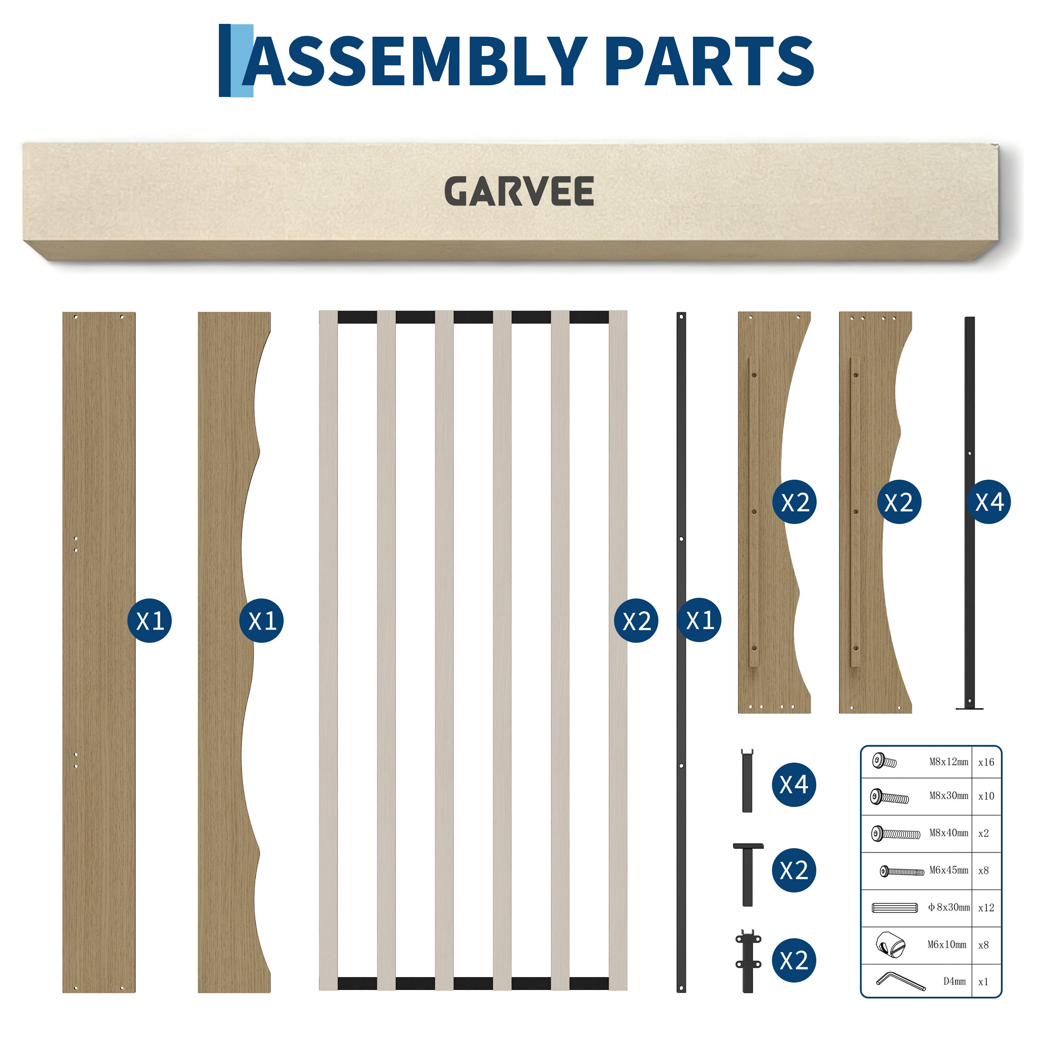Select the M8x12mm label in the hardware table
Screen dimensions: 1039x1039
pyautogui.click(x=949, y=762)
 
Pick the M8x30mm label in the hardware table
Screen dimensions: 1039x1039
pyautogui.click(x=949, y=796)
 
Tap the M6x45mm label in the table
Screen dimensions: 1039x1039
pyautogui.click(x=949, y=870)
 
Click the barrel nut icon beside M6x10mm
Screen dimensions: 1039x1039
pyautogui.click(x=890, y=945)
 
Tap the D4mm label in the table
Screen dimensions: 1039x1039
pyautogui.click(x=954, y=982)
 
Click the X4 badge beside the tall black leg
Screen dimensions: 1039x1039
pyautogui.click(x=989, y=502)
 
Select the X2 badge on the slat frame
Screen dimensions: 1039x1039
pyautogui.click(x=636, y=621)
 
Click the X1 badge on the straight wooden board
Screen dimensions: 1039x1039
pyautogui.click(x=150, y=621)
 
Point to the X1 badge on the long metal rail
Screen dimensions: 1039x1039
pyautogui.click(x=700, y=620)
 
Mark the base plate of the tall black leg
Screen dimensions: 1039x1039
pyautogui.click(x=970, y=708)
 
